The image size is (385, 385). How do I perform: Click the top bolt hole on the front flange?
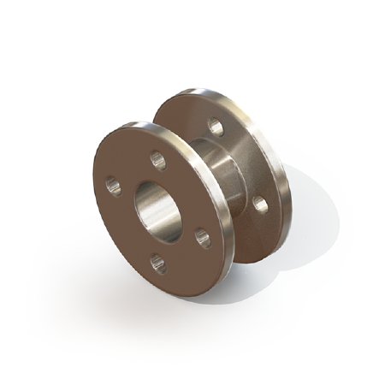156,157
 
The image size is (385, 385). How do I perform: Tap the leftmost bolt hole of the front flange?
110,184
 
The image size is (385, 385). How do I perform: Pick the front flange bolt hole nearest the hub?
200,233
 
